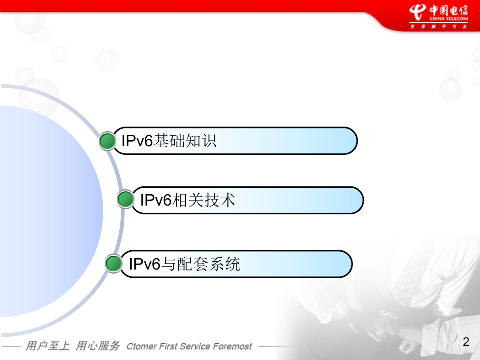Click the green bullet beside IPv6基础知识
pyautogui.click(x=107, y=141)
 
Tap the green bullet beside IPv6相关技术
pyautogui.click(x=126, y=199)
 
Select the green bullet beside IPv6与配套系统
pyautogui.click(x=113, y=263)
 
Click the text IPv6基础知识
pyautogui.click(x=169, y=141)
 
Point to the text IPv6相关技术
pyautogui.click(x=187, y=200)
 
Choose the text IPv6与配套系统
pyautogui.click(x=185, y=264)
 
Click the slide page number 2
pyautogui.click(x=466, y=342)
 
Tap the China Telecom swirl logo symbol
pyautogui.click(x=418, y=12)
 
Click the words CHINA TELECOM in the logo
pyautogui.click(x=448, y=18)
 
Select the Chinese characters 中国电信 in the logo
pyautogui.click(x=448, y=10)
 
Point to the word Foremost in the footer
pyautogui.click(x=232, y=346)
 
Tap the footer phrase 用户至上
pyautogui.click(x=48, y=346)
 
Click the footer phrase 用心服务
pyautogui.click(x=98, y=346)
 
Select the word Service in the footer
pyautogui.click(x=195, y=346)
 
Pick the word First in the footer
pyautogui.click(x=168, y=346)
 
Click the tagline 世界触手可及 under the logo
pyautogui.click(x=439, y=26)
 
